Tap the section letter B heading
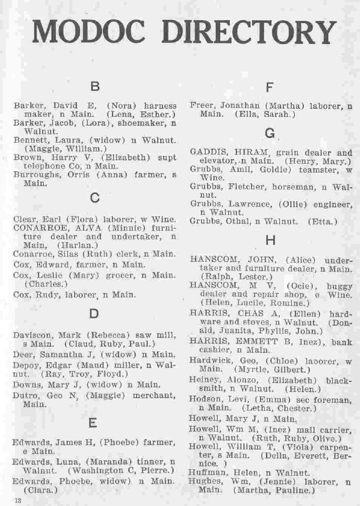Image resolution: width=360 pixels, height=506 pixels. [94, 86]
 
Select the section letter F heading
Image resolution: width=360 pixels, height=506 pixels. [269, 87]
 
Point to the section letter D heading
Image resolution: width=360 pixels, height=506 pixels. [94, 314]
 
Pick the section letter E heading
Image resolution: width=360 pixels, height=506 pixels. [93, 422]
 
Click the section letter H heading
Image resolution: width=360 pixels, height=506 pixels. [271, 240]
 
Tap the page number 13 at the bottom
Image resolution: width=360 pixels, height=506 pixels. [19, 500]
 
